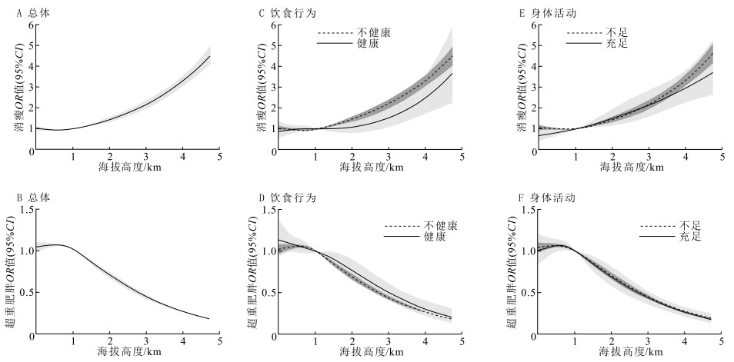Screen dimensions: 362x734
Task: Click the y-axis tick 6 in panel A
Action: point(32,25)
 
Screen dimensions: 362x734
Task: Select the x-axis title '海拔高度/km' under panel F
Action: point(632,352)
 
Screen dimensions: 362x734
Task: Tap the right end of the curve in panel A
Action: point(209,56)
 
